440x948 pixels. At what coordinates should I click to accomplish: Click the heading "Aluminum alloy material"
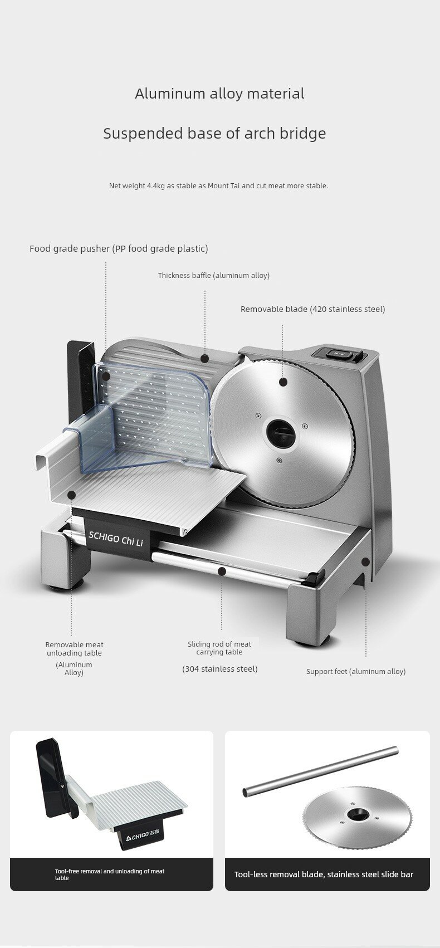click(x=219, y=94)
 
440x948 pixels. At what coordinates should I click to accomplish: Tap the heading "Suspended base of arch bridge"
click(x=214, y=134)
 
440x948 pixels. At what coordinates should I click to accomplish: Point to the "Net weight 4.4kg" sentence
click(x=218, y=185)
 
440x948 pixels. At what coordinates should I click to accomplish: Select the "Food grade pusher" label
click(x=119, y=248)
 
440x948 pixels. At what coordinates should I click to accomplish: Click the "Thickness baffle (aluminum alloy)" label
click(x=213, y=275)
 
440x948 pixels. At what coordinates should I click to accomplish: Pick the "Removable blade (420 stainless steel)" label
click(x=312, y=309)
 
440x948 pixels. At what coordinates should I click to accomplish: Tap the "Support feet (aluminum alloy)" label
click(x=355, y=671)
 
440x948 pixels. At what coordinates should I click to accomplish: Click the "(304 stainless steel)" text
click(x=220, y=668)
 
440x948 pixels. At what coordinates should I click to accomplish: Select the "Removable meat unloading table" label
click(x=74, y=649)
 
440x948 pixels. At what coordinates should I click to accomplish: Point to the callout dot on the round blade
click(x=283, y=382)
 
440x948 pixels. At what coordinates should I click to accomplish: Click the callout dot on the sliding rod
click(x=222, y=571)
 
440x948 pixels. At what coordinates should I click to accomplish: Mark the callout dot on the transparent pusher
click(x=105, y=377)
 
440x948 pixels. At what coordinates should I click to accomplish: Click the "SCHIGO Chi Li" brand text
click(x=116, y=538)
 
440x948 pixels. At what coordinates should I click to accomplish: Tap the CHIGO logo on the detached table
click(x=137, y=835)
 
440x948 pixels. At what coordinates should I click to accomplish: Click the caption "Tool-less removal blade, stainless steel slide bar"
click(x=324, y=874)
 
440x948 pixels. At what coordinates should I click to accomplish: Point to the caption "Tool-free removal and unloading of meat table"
click(x=109, y=874)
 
